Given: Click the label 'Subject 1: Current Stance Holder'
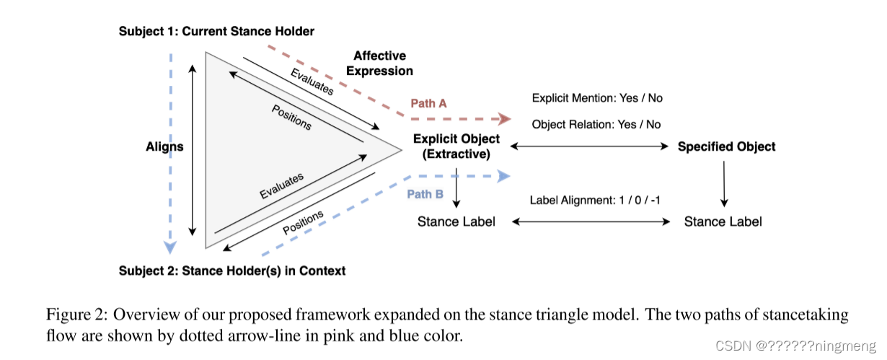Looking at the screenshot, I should click(216, 31).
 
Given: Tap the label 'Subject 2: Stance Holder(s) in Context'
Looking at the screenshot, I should click(232, 271).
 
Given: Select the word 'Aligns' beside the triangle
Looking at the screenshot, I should click(164, 146).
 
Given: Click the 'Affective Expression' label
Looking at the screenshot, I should click(379, 63).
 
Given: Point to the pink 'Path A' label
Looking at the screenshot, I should click(428, 103).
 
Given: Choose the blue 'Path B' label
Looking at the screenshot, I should click(425, 194).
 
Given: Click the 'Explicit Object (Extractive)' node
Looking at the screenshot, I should click(456, 146).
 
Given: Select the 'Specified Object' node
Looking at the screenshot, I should click(726, 146).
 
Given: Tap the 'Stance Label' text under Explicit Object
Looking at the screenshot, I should click(456, 221).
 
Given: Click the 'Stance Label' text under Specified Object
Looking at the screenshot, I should click(723, 221).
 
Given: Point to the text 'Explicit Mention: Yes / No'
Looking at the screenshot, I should click(596, 97).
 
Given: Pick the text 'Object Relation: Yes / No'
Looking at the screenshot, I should click(596, 124).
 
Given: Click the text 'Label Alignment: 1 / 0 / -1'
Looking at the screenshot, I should click(594, 200).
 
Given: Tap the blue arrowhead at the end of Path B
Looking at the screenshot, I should click(504, 176).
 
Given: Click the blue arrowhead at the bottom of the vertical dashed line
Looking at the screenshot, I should click(170, 247).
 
